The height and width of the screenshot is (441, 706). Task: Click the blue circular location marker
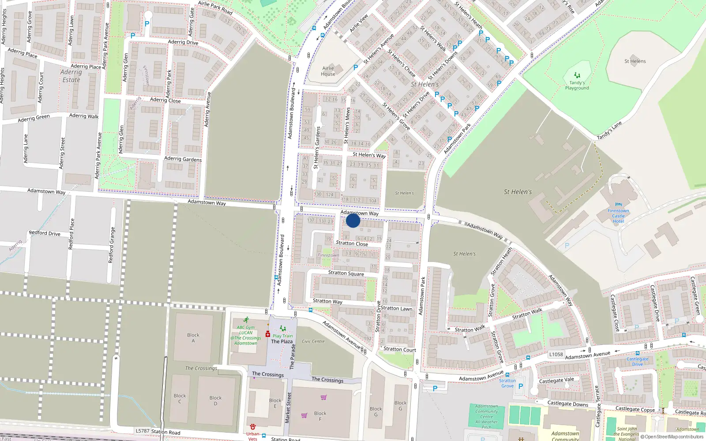tap(353, 220)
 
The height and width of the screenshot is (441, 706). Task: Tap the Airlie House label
tap(328, 71)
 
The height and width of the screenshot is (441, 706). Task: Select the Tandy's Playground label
tap(577, 85)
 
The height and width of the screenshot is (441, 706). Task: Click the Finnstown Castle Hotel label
tap(618, 216)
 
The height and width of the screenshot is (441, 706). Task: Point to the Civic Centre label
tap(313, 341)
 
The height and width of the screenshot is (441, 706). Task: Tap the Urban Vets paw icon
tap(252, 427)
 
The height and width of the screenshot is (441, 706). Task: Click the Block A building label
tap(193, 338)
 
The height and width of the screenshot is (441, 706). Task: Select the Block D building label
tap(215, 400)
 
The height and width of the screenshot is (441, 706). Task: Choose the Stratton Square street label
tap(346, 273)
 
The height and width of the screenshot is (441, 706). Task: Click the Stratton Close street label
tap(352, 243)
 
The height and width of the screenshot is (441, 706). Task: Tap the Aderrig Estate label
tap(71, 76)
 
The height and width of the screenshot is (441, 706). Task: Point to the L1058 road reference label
tap(556, 354)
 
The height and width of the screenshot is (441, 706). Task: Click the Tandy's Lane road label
tap(609, 131)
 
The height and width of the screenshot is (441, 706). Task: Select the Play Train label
tap(282, 336)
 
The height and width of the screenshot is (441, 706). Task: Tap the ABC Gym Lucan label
tap(246, 335)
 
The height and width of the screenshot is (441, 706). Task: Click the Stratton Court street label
tap(399, 349)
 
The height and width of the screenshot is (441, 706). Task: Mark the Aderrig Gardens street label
tap(183, 159)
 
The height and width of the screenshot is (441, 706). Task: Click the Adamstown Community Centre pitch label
tap(486, 417)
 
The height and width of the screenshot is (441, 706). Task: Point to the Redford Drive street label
tap(45, 233)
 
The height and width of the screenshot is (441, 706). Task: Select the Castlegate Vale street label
tap(556, 380)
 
